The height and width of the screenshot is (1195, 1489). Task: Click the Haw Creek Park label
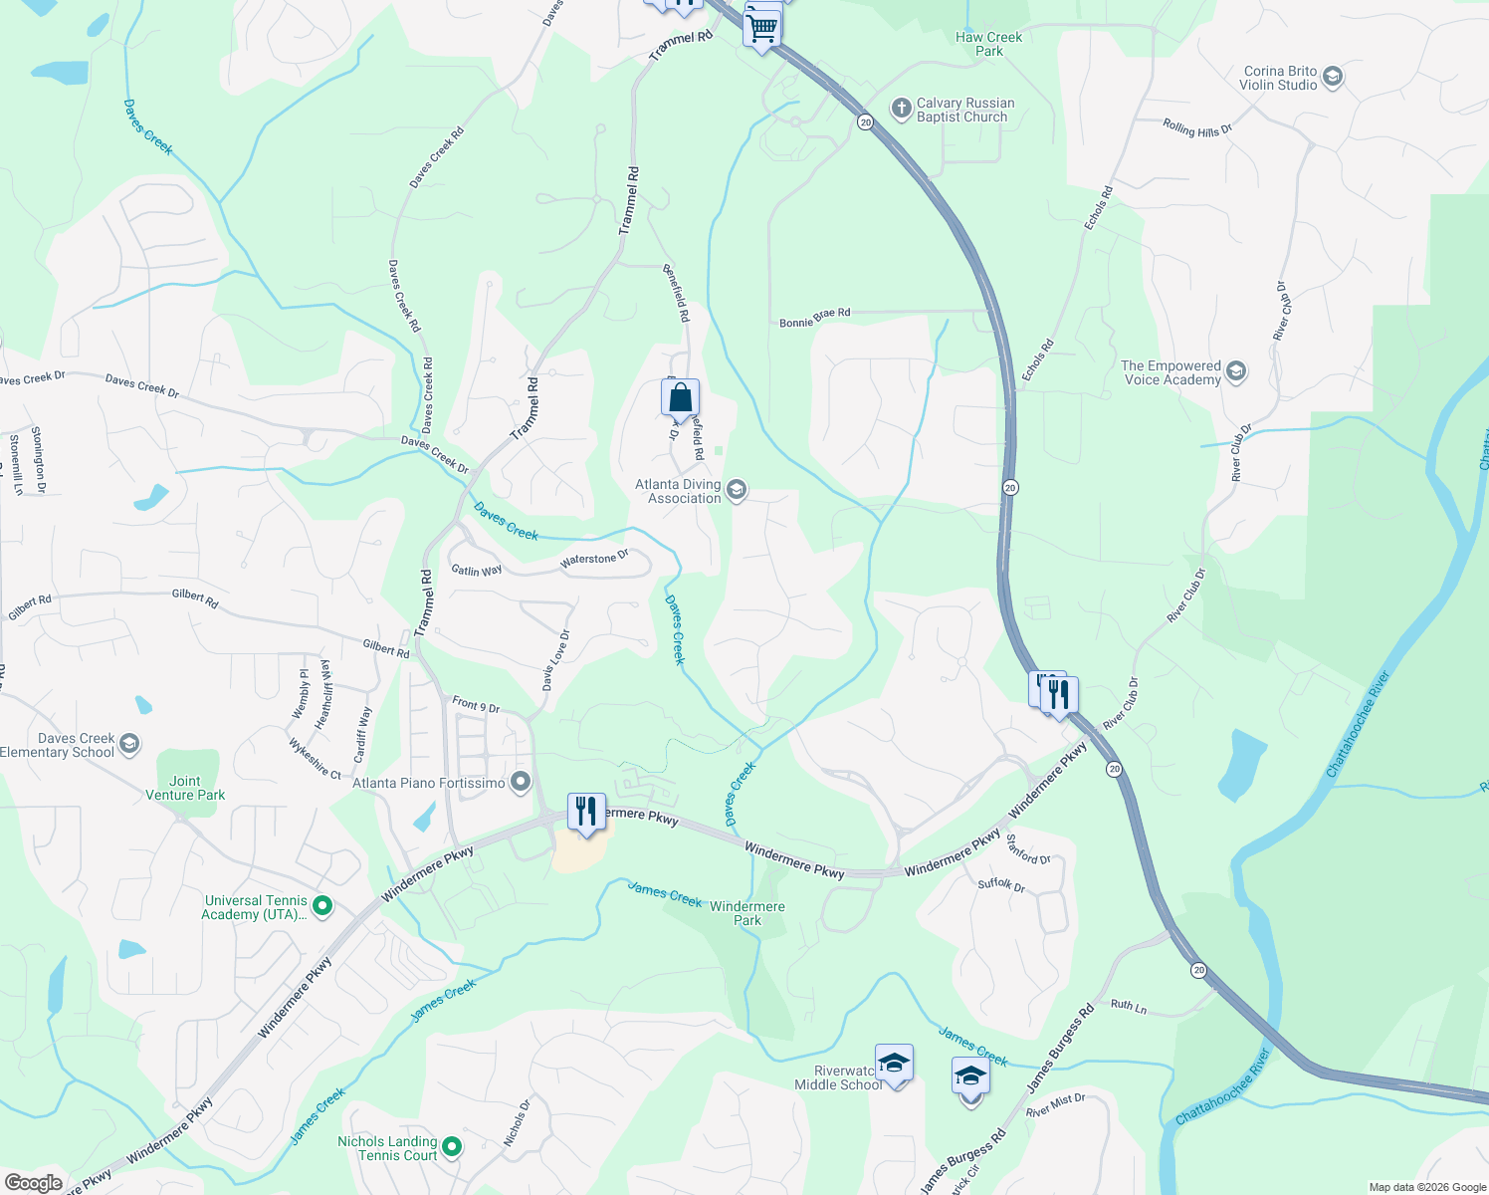click(988, 44)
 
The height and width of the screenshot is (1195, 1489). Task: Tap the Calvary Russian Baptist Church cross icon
click(901, 110)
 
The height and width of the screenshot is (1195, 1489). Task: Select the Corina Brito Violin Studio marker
click(1333, 78)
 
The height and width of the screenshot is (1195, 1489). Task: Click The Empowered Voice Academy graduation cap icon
click(1235, 372)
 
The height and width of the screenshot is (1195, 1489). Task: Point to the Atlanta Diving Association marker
click(737, 491)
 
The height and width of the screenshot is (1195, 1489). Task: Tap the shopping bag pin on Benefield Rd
click(680, 399)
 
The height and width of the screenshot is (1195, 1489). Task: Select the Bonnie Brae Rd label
click(814, 318)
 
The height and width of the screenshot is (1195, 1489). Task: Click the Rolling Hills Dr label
click(1197, 128)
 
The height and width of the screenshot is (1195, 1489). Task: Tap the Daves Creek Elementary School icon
click(129, 745)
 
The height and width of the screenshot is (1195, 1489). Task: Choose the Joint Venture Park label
click(185, 788)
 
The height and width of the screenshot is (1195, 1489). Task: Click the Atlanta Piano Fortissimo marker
click(520, 783)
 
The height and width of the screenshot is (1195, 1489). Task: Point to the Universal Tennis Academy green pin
click(321, 906)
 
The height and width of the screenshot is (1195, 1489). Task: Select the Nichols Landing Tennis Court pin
click(452, 1147)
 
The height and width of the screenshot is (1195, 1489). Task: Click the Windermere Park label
click(747, 913)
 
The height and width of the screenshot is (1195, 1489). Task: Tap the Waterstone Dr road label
click(594, 559)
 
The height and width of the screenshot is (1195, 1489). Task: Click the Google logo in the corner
click(33, 1182)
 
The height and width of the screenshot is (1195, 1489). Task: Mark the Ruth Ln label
click(1129, 1006)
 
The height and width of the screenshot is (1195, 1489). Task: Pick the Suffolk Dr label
click(1001, 884)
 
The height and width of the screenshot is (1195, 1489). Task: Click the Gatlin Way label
click(477, 571)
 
